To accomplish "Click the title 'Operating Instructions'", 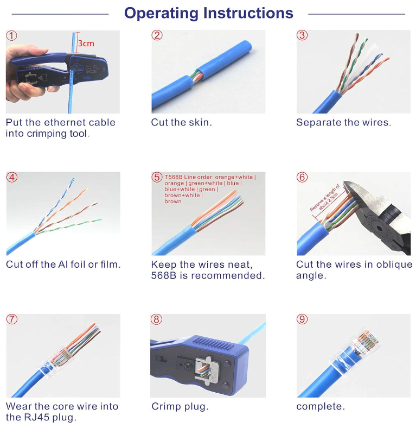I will (208, 13).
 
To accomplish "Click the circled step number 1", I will (12, 36).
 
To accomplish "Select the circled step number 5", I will (157, 178).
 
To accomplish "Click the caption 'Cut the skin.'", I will (181, 123).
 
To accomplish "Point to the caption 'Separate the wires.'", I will (343, 123).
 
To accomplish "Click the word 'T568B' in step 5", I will (174, 177).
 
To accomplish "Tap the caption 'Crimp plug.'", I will (180, 406).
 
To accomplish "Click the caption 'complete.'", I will (320, 406).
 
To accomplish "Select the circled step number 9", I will (302, 319).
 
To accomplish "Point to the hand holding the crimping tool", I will (19, 76).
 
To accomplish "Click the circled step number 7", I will (12, 319).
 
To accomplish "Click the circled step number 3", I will (302, 36).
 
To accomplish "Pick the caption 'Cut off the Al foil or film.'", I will (63, 265).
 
